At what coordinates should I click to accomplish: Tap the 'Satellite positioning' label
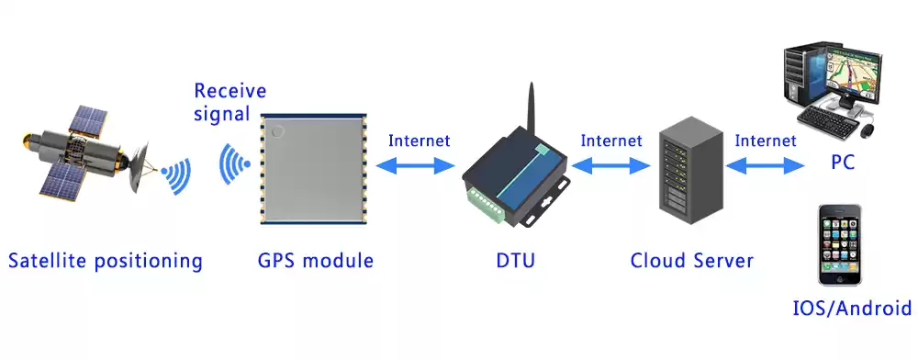click(x=105, y=261)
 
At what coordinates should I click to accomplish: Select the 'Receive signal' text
click(x=229, y=102)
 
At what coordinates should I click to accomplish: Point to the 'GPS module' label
click(x=316, y=261)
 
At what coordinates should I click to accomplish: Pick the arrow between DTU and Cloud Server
click(x=611, y=165)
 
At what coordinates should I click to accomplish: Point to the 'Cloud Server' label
click(x=692, y=261)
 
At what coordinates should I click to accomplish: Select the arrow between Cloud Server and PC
click(x=765, y=165)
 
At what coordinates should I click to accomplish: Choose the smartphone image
click(x=842, y=243)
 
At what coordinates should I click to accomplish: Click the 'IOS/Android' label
click(x=853, y=308)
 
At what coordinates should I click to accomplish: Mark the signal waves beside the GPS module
click(x=235, y=166)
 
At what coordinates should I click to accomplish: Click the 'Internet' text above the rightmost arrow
click(x=766, y=141)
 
